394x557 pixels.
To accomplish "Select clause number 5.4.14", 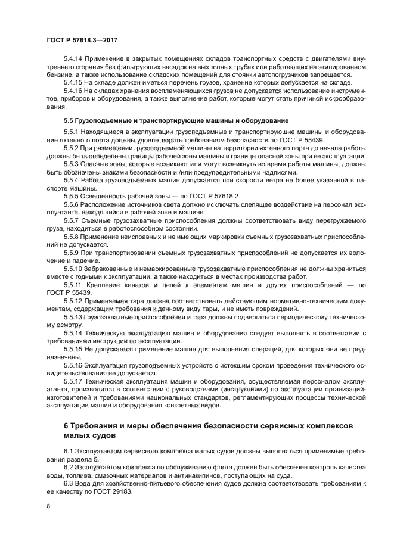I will click(75, 60).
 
